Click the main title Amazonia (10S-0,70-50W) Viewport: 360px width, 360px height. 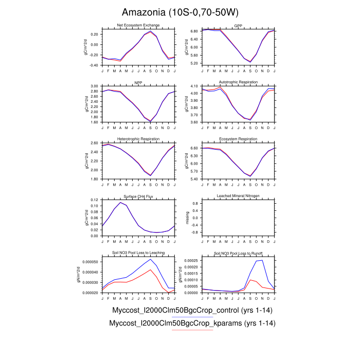coord(179,12)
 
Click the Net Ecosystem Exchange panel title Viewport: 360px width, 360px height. coord(139,25)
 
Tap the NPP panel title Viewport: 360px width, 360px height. coord(139,82)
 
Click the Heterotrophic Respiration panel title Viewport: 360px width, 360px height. coord(139,139)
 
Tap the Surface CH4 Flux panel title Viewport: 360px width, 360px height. coord(139,196)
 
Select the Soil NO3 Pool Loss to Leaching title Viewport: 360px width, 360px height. coord(139,253)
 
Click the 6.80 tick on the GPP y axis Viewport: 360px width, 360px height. coord(194,31)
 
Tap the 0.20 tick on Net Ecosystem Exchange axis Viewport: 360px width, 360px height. coord(94,34)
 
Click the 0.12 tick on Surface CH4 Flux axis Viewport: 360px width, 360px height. coord(94,200)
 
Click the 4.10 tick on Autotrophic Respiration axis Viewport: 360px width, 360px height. coord(194,86)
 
